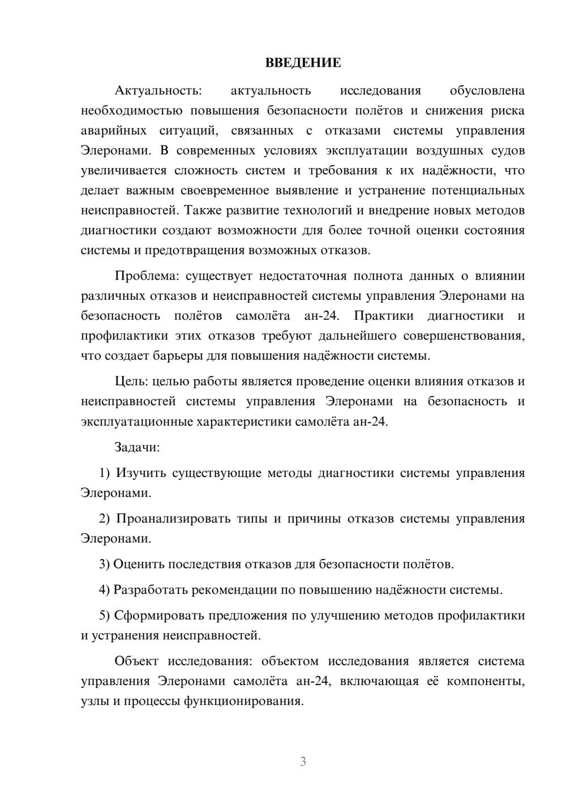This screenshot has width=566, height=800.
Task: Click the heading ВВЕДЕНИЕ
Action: [x=303, y=63]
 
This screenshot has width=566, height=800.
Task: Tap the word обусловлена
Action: [x=487, y=91]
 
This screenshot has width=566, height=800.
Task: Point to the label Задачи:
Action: [x=138, y=447]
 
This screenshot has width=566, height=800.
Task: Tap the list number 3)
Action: [x=104, y=564]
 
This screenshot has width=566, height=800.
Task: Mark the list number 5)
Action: [x=105, y=616]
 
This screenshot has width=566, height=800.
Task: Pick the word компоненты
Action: [x=485, y=681]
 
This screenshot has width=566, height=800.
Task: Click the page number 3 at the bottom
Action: [x=303, y=762]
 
